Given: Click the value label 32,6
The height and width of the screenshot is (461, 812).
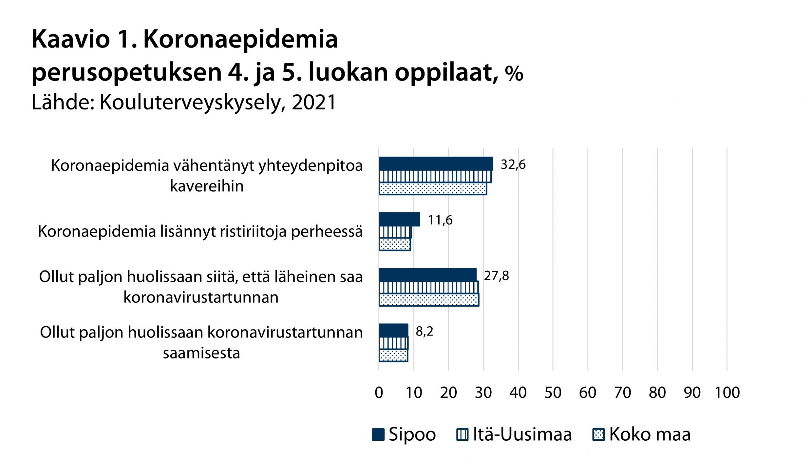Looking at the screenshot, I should point(513,165).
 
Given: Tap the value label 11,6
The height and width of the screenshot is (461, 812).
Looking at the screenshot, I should point(440,220).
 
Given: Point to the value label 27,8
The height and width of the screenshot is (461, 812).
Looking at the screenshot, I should point(496,276).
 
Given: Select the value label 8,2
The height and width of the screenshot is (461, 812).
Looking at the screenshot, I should point(424,332).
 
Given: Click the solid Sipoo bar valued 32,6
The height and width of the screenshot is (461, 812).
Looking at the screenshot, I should point(436,164).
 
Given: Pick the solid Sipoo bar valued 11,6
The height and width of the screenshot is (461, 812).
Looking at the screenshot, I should point(400,219).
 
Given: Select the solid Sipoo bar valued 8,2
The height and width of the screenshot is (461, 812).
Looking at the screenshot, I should point(394,330).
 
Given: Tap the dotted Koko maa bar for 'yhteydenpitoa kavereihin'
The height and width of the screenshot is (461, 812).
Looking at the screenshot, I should point(433,189).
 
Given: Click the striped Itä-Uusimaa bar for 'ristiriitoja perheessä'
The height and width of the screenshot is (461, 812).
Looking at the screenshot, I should point(395,232).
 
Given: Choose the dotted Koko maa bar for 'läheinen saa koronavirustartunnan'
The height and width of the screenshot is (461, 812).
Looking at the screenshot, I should point(429,300).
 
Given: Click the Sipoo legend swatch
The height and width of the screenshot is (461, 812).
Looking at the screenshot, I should point(378,434).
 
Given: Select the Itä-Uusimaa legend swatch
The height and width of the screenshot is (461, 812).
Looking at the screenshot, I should point(462,434).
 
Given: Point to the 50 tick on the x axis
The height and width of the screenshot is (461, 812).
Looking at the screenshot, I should point(553,393).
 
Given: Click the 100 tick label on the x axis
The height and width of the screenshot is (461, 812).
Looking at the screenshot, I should point(727,393).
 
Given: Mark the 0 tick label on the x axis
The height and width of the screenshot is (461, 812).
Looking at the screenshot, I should point(379,393).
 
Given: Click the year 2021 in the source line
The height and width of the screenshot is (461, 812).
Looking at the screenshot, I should point(314,102).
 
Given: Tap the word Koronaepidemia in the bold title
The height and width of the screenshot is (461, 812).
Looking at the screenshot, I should point(240,39).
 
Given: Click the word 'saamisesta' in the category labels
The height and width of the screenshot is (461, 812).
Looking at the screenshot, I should point(201,353).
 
